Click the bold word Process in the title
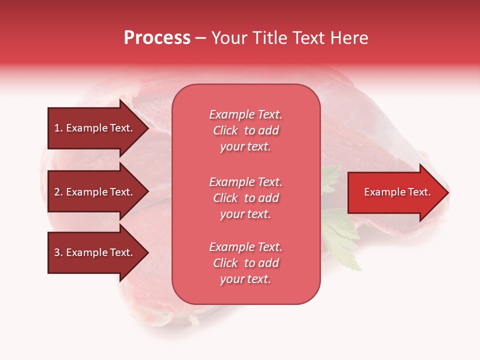coord(157,38)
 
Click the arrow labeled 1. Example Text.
coord(95,128)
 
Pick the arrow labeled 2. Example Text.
coord(95,192)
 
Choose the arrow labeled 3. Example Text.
coord(95,252)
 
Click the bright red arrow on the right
coord(395,192)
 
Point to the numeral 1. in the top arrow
coord(58,128)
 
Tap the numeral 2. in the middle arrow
coord(58,192)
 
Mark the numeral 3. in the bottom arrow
coord(58,252)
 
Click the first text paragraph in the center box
coord(245,130)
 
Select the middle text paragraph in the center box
coord(245,198)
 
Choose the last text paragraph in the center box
coord(245,263)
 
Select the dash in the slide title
coord(200,38)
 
